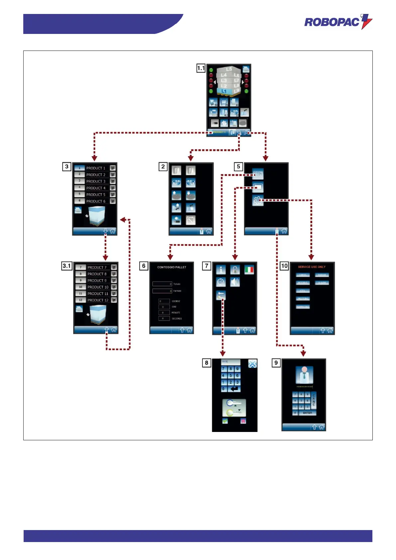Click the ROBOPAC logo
tap(338, 22)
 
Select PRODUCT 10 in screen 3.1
tap(97, 287)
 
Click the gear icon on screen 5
tap(258, 201)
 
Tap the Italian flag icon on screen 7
tap(249, 269)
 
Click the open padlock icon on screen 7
tap(235, 269)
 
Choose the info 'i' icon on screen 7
tap(221, 269)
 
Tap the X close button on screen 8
tap(252, 364)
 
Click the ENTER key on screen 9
tap(307, 413)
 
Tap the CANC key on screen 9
tap(314, 400)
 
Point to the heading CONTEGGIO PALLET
tap(172, 267)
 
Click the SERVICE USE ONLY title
tap(312, 267)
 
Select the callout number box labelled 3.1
tap(67, 266)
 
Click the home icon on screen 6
tap(189, 330)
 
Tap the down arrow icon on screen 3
tap(105, 231)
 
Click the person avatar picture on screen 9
tap(304, 375)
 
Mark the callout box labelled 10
tap(284, 266)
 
